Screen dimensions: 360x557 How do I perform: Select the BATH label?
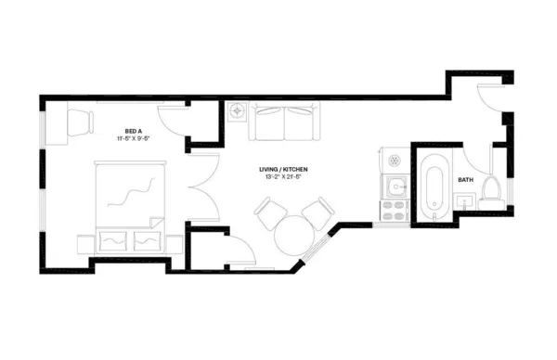tap(465, 179)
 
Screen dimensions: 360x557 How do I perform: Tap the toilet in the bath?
tap(492, 190)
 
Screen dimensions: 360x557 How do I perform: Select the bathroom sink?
tap(466, 200)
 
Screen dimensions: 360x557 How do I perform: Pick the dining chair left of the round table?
tap(270, 214)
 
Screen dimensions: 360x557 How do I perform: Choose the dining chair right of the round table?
tap(317, 212)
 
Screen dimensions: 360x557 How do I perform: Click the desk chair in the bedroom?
tap(80, 121)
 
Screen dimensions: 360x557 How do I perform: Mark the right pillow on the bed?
tap(146, 241)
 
